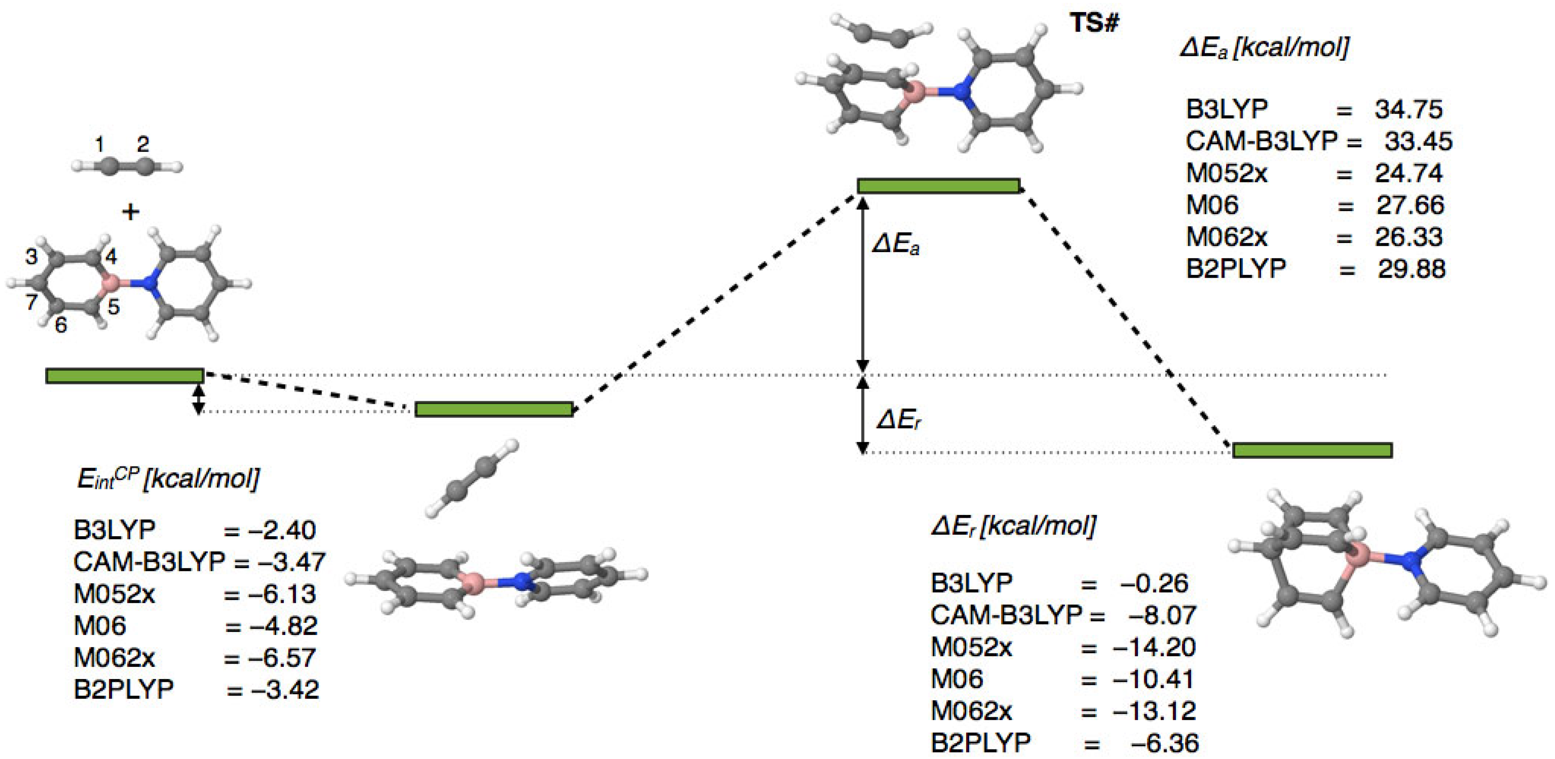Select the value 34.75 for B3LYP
coord(1409,109)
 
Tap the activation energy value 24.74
coord(1409,173)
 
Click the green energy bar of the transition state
coord(939,186)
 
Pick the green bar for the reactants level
coord(124,376)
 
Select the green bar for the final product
coord(1312,450)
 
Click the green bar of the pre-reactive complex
coord(494,410)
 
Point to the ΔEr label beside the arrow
coord(899,420)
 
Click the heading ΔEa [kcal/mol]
coord(1264,47)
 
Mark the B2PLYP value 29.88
coord(1411,269)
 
